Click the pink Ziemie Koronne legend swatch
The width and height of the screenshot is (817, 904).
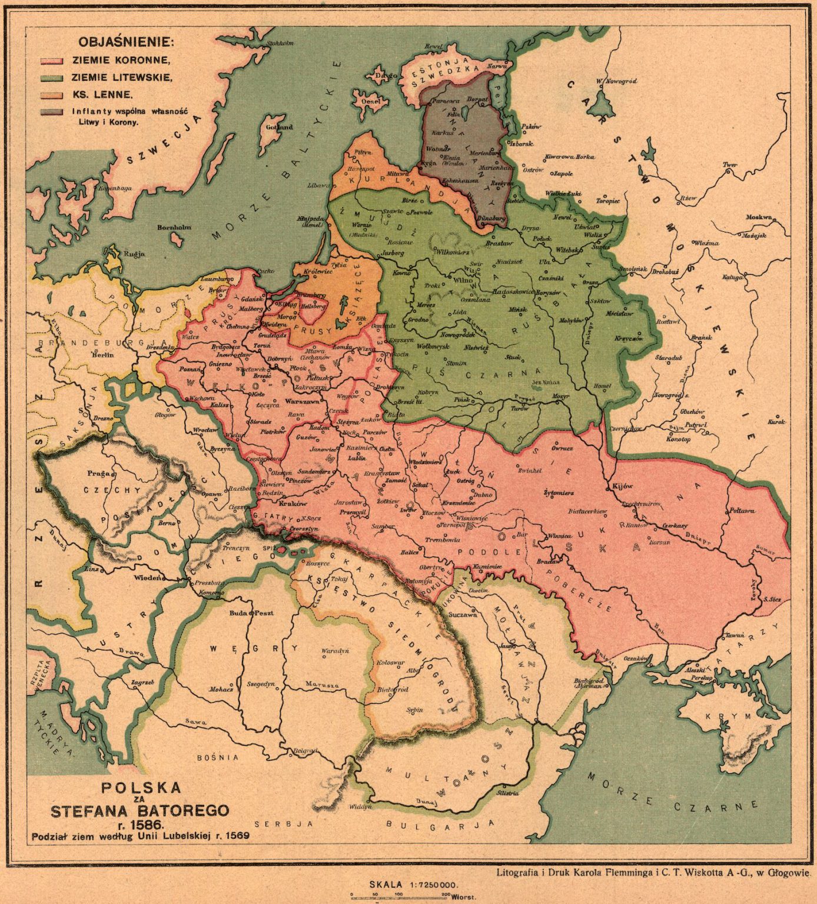(51, 61)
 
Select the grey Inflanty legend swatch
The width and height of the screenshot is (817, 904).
(51, 112)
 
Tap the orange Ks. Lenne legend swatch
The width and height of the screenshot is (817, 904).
(51, 95)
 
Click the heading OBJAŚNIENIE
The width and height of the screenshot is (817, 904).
(127, 42)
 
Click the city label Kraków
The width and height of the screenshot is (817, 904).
(293, 504)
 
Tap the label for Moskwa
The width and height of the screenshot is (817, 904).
(759, 217)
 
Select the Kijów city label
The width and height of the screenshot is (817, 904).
(622, 486)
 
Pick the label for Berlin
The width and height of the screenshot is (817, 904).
(102, 355)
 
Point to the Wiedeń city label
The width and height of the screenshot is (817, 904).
(148, 577)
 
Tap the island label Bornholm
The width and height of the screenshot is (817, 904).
(174, 227)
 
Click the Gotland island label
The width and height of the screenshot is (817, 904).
(279, 127)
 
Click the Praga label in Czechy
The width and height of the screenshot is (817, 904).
(96, 473)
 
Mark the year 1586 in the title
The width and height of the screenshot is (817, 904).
(141, 823)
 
